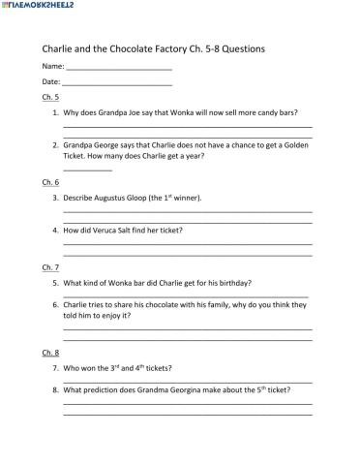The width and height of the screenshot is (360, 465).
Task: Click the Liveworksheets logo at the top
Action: [40, 7]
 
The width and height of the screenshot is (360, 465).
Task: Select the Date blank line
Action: [117, 84]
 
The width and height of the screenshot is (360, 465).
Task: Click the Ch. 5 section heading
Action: [50, 98]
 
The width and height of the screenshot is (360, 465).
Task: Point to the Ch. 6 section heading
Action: [50, 182]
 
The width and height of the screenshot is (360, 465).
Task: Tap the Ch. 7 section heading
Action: [50, 266]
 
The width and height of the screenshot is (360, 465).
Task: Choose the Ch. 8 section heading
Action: [50, 352]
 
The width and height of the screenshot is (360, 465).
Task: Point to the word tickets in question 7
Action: [159, 368]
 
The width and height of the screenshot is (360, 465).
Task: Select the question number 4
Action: [55, 231]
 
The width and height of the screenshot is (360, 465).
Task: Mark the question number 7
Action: [55, 368]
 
